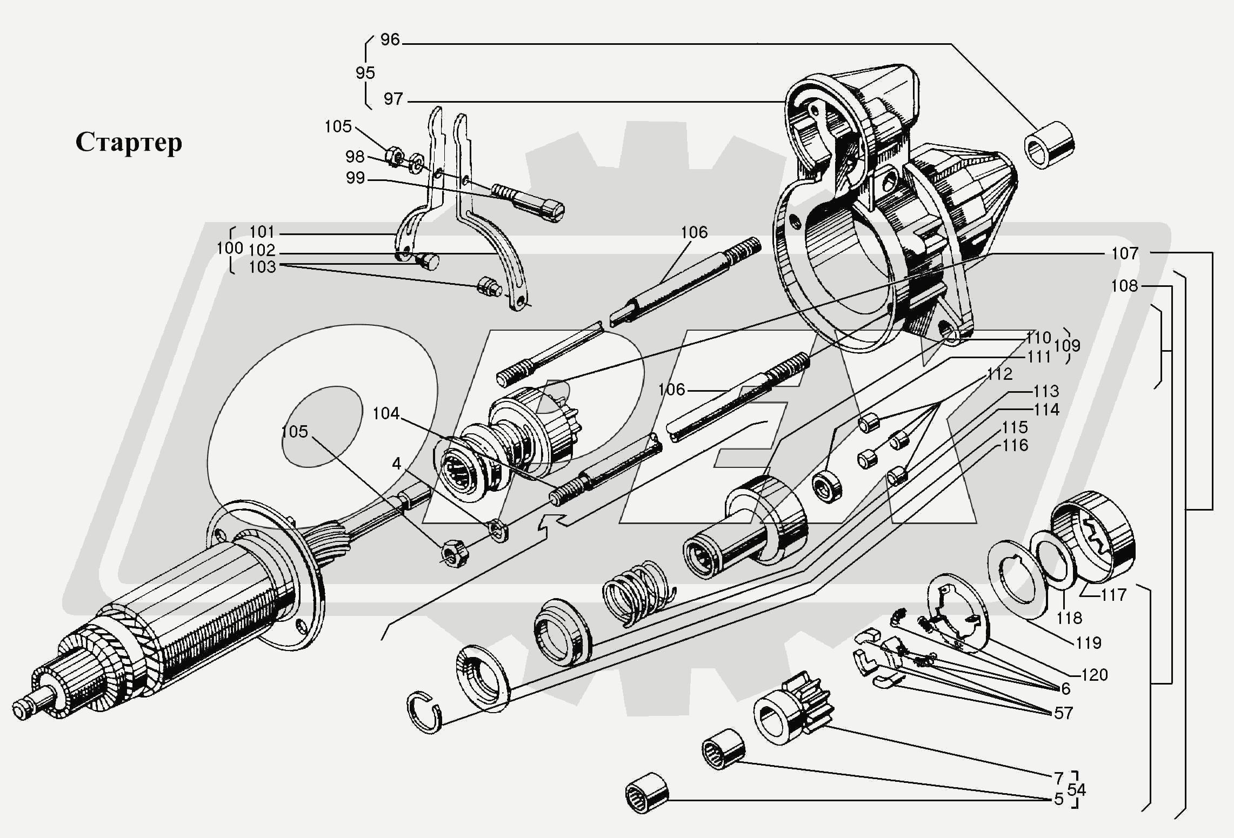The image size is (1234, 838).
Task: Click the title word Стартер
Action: (129, 143)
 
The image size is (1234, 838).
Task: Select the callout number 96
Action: (390, 40)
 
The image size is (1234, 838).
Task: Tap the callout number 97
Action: (393, 99)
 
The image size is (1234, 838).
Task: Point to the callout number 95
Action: (365, 73)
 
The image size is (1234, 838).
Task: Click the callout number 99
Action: (355, 178)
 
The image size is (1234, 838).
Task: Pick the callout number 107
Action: (1124, 253)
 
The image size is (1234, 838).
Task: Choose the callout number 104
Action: (386, 414)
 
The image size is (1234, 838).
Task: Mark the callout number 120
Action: (1095, 675)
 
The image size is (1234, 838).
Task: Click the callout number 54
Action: (1077, 790)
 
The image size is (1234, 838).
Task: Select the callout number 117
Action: (1113, 595)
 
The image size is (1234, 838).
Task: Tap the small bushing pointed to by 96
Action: (1049, 145)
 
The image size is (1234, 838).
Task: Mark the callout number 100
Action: (230, 249)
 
